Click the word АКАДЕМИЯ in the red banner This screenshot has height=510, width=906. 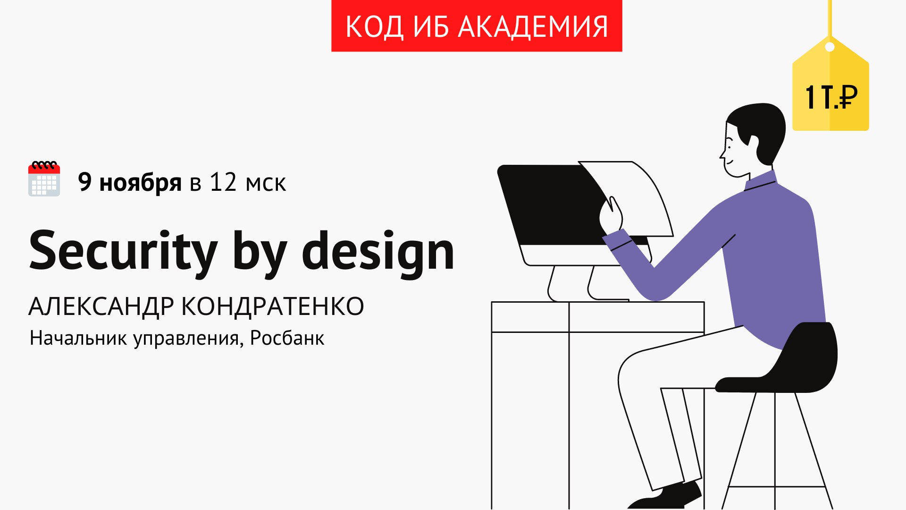[533, 27]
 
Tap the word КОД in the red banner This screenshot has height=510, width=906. [375, 27]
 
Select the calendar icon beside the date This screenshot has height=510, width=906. [44, 178]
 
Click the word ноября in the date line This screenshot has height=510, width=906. [140, 183]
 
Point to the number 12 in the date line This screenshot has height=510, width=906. [223, 182]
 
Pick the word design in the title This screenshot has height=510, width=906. [378, 252]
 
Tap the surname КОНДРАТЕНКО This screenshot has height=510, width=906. [273, 306]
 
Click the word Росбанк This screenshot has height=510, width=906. [287, 338]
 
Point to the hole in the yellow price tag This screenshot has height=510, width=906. [830, 47]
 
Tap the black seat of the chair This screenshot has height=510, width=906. [783, 364]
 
